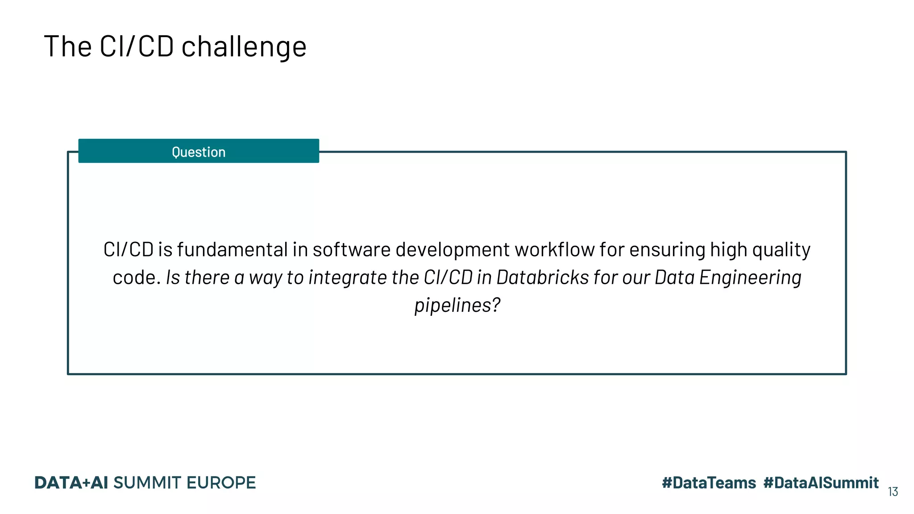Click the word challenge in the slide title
244,47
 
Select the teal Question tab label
199,152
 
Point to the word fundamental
233,249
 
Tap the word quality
781,250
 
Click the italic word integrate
347,278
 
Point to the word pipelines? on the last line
457,306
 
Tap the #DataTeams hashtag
709,483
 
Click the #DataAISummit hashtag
821,483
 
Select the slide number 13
893,492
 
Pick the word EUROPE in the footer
221,483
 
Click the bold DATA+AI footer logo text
71,483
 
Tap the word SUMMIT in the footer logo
147,483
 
